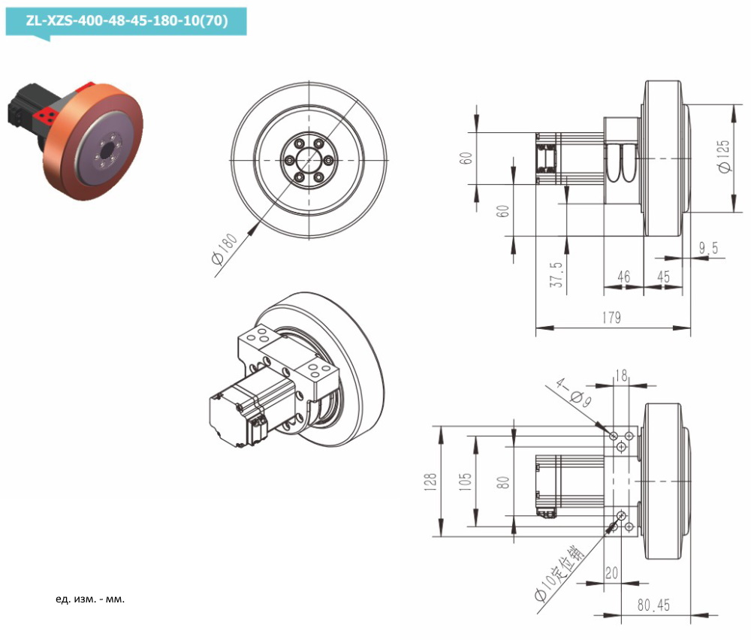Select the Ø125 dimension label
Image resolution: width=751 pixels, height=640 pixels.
click(724, 157)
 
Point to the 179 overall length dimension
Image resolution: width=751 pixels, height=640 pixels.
click(611, 318)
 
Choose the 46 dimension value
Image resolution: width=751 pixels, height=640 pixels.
click(623, 277)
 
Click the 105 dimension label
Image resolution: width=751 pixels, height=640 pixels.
click(466, 481)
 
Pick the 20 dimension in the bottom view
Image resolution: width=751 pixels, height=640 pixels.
click(611, 573)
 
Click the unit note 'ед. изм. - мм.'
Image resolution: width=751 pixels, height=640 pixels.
click(90, 599)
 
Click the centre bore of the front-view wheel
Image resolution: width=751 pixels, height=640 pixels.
click(309, 162)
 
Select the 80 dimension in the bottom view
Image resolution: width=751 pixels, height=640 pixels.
click(504, 481)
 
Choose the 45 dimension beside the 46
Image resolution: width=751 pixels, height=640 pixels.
click(663, 277)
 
